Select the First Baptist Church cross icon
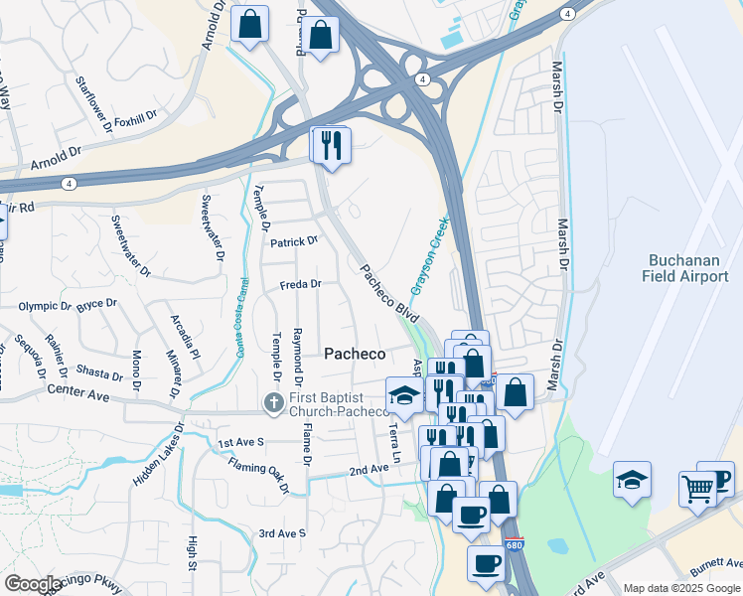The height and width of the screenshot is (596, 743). pyautogui.click(x=274, y=402)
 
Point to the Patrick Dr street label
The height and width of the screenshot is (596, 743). pyautogui.click(x=293, y=240)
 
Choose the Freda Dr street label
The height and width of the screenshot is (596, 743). pyautogui.click(x=301, y=284)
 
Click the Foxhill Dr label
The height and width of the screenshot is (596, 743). pyautogui.click(x=136, y=118)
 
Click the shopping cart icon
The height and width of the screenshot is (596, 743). pyautogui.click(x=697, y=489)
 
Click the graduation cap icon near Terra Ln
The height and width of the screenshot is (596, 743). pyautogui.click(x=403, y=396)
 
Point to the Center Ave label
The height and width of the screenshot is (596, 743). pyautogui.click(x=77, y=394)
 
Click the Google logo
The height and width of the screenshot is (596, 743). pyautogui.click(x=32, y=584)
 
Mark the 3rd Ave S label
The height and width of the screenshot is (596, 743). pyautogui.click(x=283, y=533)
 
